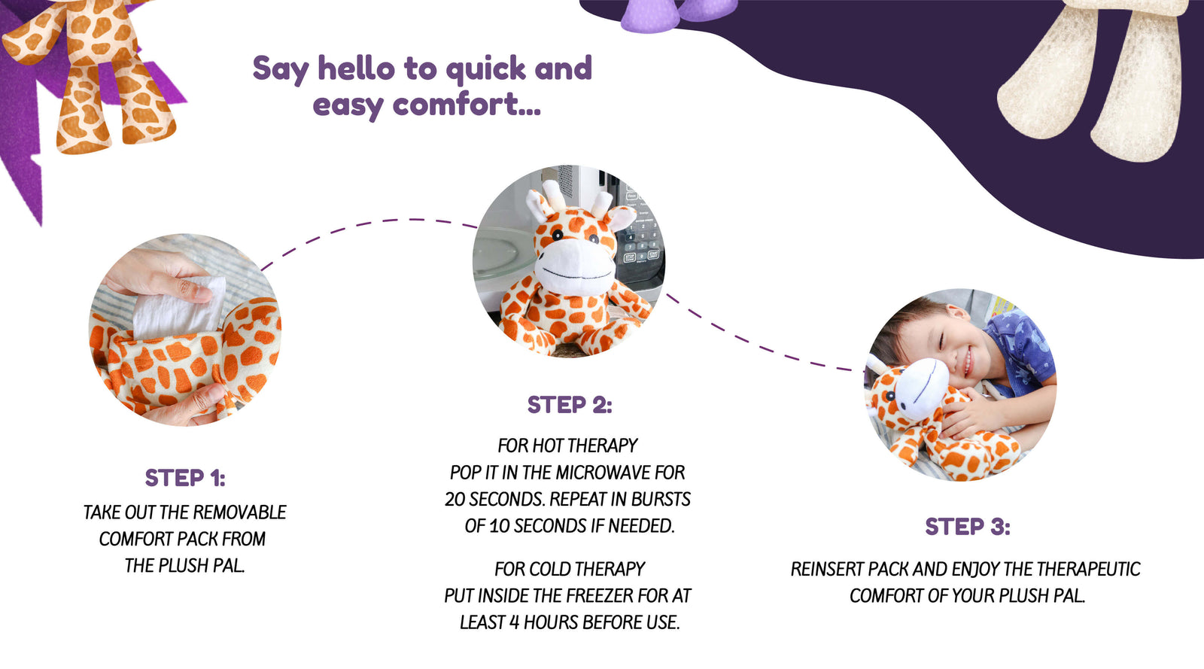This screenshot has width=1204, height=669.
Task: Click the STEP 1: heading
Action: (x=185, y=478)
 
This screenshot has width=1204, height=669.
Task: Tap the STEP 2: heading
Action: (x=570, y=405)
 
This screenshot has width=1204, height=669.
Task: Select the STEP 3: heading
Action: (x=968, y=527)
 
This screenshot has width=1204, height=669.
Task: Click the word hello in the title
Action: (x=357, y=68)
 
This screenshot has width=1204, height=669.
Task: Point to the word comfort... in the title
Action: (x=467, y=104)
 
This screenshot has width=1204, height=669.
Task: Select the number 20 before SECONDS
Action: (x=455, y=499)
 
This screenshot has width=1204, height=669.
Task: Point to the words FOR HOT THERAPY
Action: (x=567, y=445)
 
